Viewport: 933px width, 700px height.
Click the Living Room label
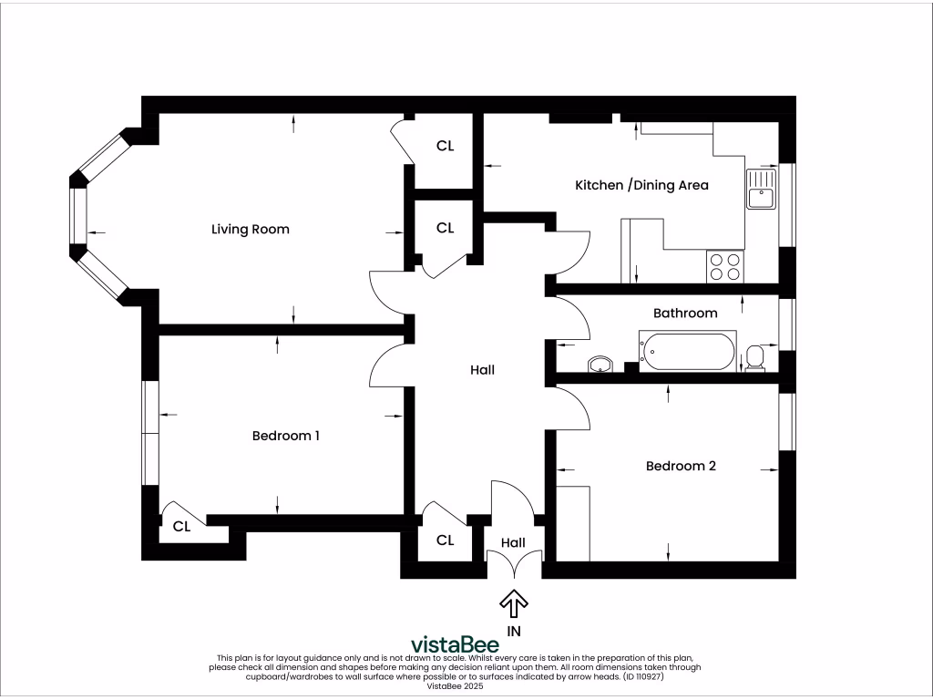250,229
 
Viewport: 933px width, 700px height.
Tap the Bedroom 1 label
285,436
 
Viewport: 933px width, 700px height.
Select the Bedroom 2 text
680,466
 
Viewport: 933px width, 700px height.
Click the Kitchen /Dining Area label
641,185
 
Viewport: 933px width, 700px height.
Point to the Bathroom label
685,313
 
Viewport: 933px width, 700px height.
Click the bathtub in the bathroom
688,353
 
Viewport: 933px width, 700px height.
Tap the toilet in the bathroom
755,356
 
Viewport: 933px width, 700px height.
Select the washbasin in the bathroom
600,365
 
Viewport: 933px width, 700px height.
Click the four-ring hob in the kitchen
724,266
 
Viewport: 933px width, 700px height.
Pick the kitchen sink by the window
760,189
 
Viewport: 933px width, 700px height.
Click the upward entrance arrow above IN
514,603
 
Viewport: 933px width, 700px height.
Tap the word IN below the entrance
514,630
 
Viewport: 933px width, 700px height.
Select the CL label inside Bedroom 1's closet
181,526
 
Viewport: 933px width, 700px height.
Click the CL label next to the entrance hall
445,540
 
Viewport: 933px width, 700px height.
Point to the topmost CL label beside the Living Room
445,146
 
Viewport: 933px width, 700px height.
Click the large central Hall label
482,370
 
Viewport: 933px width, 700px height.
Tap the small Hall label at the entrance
514,541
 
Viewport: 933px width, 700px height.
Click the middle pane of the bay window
78,215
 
